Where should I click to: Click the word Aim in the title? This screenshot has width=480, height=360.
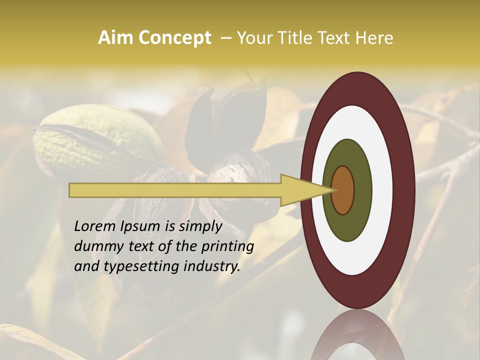click(115, 38)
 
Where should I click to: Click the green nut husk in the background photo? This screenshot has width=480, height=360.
click(95, 140)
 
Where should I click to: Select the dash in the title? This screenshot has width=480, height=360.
click(226, 38)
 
